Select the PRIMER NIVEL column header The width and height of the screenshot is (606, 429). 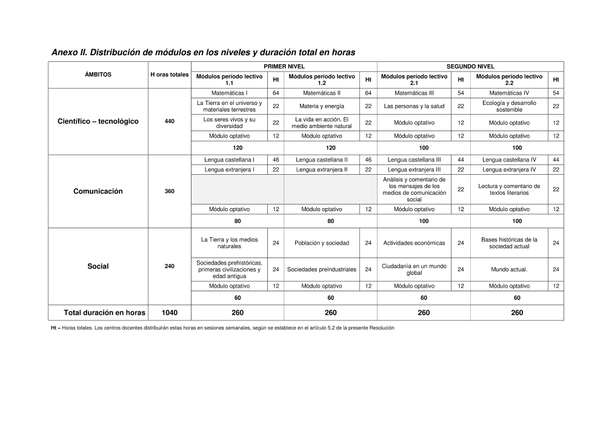click(284, 66)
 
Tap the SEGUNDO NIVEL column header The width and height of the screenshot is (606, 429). click(470, 66)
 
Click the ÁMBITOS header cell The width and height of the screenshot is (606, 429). click(98, 75)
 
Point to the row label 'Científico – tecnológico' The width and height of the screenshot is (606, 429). click(98, 121)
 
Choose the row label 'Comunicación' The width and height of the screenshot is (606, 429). click(98, 191)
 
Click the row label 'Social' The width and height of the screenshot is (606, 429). click(98, 266)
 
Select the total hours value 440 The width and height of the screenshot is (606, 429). click(170, 121)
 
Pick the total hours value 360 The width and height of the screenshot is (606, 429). click(170, 191)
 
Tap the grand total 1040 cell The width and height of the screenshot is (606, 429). click(170, 313)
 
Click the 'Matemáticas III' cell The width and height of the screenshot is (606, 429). click(415, 93)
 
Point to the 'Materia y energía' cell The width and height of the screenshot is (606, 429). click(322, 106)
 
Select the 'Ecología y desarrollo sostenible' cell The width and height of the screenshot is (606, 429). click(509, 106)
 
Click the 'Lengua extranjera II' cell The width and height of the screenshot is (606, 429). click(322, 170)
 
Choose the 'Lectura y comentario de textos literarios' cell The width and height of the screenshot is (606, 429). click(509, 189)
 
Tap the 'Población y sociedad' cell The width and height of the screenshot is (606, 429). click(322, 243)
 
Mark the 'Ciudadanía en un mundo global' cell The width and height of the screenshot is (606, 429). click(415, 269)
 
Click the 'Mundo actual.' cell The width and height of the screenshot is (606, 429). click(509, 269)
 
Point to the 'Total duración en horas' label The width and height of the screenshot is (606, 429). click(104, 313)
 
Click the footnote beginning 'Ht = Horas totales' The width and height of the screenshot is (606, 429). click(222, 328)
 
